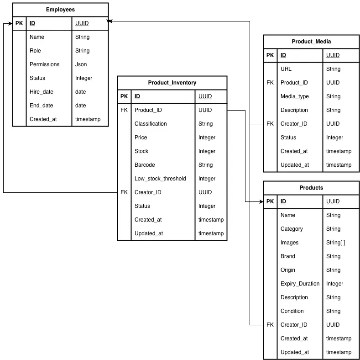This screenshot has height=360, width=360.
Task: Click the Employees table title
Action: point(60,10)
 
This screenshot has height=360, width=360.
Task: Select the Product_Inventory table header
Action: point(172,83)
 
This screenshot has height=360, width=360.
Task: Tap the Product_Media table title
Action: point(311,42)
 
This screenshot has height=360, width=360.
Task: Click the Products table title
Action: point(311,188)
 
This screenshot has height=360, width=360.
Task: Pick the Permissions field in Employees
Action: point(44,64)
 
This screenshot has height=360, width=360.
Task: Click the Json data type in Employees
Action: point(81,64)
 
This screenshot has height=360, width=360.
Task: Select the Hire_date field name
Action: point(41,92)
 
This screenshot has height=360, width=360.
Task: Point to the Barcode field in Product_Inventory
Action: point(145,165)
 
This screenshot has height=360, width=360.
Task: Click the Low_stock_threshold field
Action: point(160,179)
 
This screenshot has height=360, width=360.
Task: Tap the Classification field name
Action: point(151,124)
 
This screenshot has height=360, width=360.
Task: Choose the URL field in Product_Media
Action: point(286,69)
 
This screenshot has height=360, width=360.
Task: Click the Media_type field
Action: point(294,96)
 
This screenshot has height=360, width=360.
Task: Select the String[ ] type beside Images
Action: point(335,243)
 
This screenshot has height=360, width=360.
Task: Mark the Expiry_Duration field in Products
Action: point(300,284)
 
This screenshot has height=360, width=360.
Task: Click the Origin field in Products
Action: point(287,270)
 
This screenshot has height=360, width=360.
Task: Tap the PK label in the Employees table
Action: point(19,23)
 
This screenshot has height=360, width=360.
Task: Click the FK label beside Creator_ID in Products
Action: point(270,325)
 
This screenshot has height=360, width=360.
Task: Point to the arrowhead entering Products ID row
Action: point(261,201)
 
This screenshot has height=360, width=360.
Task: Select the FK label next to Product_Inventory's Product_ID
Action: point(124,110)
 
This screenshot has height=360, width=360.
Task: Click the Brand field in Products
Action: point(287,256)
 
